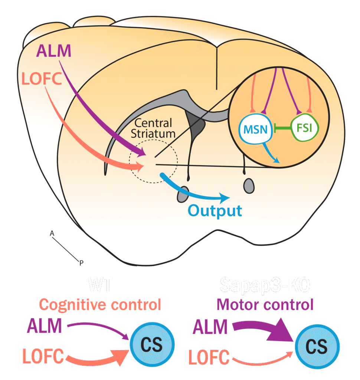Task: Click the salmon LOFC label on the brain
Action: tap(42, 79)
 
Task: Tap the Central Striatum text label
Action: tap(154, 128)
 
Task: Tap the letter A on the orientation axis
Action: tap(52, 233)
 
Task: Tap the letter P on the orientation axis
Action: tap(81, 263)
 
